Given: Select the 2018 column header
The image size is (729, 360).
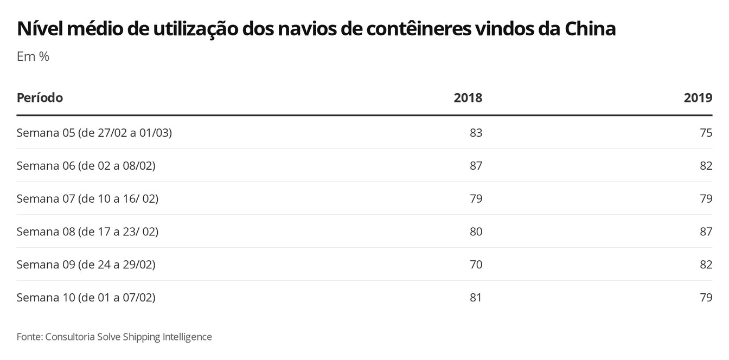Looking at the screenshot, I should (468, 98).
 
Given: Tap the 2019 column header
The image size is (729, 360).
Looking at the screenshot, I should (698, 98).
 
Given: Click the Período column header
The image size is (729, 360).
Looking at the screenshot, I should (40, 98).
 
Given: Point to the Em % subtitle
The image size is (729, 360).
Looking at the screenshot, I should (33, 56).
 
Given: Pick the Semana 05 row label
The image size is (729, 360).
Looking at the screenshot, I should (94, 133).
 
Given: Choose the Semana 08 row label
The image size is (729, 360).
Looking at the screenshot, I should (87, 232).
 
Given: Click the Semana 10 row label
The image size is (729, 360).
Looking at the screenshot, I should (86, 298).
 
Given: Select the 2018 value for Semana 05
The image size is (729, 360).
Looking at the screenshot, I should (476, 133).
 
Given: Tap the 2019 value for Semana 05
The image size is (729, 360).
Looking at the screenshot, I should (706, 133).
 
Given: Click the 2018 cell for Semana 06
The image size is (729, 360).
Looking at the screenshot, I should (476, 166).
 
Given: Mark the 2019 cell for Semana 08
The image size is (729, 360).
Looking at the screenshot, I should (706, 232).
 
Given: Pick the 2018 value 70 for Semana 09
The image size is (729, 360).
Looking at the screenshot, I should (476, 265).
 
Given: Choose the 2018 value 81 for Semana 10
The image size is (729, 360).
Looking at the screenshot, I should (476, 298).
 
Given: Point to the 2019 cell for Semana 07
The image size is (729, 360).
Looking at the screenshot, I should (706, 199).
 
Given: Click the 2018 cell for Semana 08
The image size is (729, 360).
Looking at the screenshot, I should (476, 232).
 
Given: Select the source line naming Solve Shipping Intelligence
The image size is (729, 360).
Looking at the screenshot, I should (114, 337).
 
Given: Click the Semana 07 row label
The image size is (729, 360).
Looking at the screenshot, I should (87, 199).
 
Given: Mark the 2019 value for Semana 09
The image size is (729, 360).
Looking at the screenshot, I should (706, 265).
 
